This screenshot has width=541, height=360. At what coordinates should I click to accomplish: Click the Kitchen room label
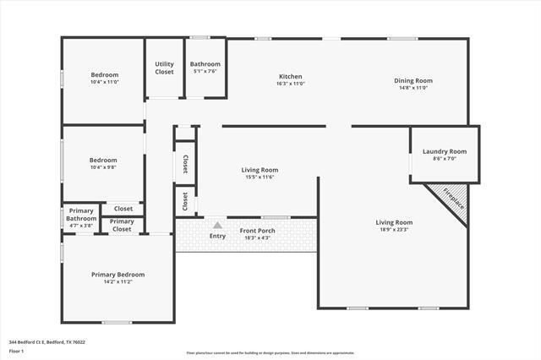pyautogui.click(x=290, y=76)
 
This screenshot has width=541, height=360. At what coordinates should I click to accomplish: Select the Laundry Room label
pyautogui.click(x=444, y=151)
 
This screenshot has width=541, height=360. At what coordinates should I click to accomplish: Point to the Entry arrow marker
pyautogui.click(x=218, y=225)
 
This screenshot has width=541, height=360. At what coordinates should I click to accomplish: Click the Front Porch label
pyautogui.click(x=257, y=231)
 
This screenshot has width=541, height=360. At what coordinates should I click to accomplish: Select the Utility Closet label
pyautogui.click(x=164, y=68)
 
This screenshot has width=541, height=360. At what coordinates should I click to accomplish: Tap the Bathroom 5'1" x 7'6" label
pyautogui.click(x=205, y=64)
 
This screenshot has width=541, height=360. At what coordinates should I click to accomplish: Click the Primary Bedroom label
pyautogui.click(x=117, y=274)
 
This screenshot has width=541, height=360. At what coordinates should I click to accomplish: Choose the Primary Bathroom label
pyautogui.click(x=81, y=215)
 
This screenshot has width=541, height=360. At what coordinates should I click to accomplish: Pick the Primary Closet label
pyautogui.click(x=123, y=225)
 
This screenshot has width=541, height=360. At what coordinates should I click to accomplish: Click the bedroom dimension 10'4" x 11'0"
pyautogui.click(x=105, y=82)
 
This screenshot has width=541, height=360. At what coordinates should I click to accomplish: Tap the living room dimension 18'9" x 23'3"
pyautogui.click(x=393, y=230)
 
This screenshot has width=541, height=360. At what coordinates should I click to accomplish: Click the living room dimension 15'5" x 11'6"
pyautogui.click(x=260, y=177)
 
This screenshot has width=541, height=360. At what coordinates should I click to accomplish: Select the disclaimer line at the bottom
pyautogui.click(x=270, y=352)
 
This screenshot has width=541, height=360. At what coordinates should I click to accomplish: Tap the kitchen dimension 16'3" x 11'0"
pyautogui.click(x=290, y=84)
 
